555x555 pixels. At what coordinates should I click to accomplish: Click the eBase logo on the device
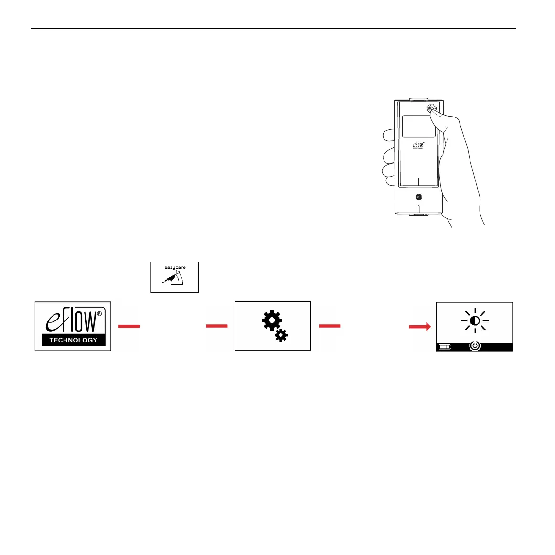pyautogui.click(x=418, y=145)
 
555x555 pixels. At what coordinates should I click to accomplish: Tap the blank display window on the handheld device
pyautogui.click(x=418, y=126)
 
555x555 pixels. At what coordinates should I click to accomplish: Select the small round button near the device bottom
pyautogui.click(x=419, y=197)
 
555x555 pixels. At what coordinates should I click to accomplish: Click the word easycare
pyautogui.click(x=175, y=267)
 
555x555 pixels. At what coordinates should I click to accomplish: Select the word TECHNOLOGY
pyautogui.click(x=73, y=340)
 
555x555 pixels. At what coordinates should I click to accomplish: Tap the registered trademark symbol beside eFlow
pyautogui.click(x=99, y=314)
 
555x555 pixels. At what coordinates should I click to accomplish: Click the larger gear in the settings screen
pyautogui.click(x=271, y=320)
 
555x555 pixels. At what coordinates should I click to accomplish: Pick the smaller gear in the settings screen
pyautogui.click(x=281, y=335)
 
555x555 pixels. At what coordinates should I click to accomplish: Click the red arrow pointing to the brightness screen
pyautogui.click(x=420, y=326)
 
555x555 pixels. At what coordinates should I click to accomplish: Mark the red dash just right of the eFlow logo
pyautogui.click(x=129, y=326)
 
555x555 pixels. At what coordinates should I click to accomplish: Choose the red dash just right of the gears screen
pyautogui.click(x=330, y=326)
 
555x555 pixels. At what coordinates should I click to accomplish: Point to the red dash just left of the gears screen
pyautogui.click(x=217, y=326)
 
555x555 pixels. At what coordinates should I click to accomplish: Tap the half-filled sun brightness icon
pyautogui.click(x=475, y=321)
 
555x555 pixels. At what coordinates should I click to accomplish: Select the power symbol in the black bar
pyautogui.click(x=475, y=346)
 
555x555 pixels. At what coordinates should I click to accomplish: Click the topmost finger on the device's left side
pyautogui.click(x=388, y=136)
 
